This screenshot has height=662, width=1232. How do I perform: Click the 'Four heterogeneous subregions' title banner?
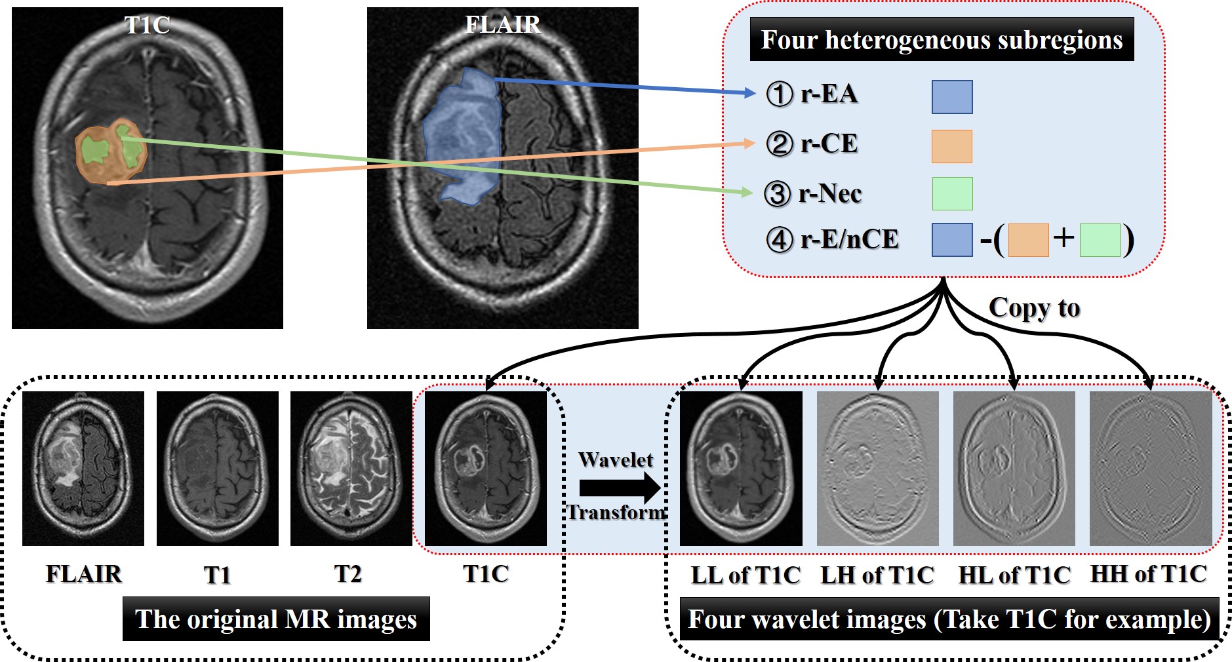pos(942,40)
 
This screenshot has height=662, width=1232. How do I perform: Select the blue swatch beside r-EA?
pos(951,97)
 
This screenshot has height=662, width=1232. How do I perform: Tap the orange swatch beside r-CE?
pos(951,146)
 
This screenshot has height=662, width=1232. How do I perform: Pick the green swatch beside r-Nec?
pos(952,193)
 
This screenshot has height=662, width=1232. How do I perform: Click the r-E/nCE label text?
pos(849,239)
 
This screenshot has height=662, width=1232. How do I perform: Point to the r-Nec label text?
pos(829,193)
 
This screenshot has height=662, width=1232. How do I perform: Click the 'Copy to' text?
pos(1034,308)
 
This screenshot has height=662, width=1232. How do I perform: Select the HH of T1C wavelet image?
pos(1150,469)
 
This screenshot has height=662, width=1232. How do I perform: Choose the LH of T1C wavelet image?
pos(877,469)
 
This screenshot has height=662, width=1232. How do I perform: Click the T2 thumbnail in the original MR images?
pos(351,469)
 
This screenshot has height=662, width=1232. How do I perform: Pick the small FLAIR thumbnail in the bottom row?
pos(83,469)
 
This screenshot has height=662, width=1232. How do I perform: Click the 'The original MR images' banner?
pos(276,619)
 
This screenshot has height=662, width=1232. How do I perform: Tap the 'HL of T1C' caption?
pos(1014,575)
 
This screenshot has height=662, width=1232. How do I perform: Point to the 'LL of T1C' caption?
pos(745,575)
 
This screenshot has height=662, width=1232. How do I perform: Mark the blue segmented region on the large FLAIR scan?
pos(462,138)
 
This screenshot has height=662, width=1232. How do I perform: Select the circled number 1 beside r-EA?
pos(779,94)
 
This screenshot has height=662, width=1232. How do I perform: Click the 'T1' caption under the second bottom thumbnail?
pos(217,575)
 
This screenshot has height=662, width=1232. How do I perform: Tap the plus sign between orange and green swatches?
pos(1063,237)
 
